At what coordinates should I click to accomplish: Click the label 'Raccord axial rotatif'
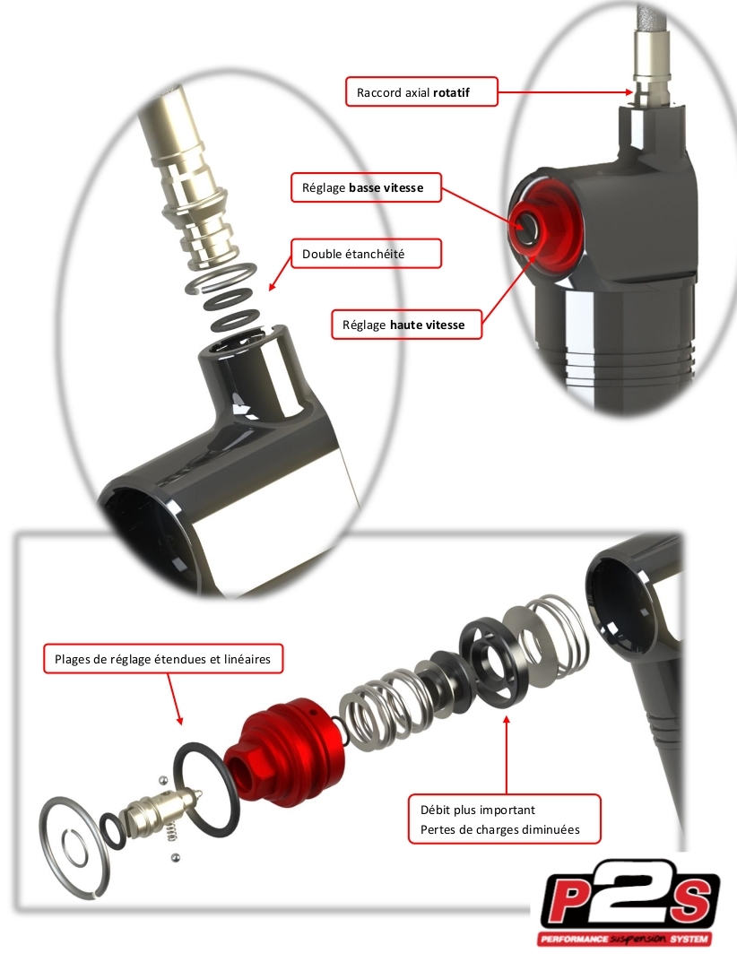pyautogui.click(x=413, y=92)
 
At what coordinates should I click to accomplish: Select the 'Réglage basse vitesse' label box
pyautogui.click(x=366, y=187)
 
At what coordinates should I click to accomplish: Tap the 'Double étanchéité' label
pyautogui.click(x=366, y=254)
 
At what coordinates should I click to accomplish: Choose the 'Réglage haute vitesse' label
pyautogui.click(x=406, y=324)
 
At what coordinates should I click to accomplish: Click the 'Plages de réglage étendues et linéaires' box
pyautogui.click(x=163, y=659)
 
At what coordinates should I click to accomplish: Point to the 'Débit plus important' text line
pyautogui.click(x=477, y=810)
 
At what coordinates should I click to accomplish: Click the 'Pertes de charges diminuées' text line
pyautogui.click(x=500, y=829)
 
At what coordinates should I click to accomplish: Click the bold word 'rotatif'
pyautogui.click(x=451, y=92)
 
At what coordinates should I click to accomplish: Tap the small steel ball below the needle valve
pyautogui.click(x=176, y=856)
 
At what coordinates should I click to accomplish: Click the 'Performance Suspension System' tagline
pyautogui.click(x=625, y=939)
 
